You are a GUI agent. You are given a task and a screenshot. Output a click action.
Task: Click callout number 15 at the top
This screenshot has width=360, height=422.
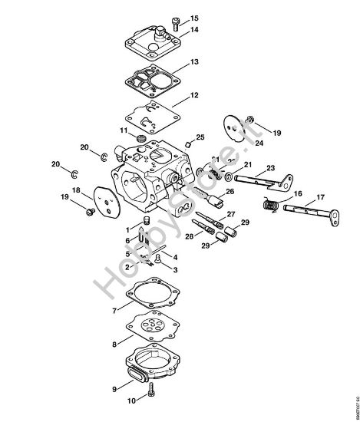[x=193, y=18]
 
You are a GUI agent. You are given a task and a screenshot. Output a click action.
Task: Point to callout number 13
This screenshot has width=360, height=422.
[x=194, y=61]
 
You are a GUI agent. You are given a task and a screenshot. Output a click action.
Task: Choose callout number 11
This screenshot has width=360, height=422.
[x=123, y=130]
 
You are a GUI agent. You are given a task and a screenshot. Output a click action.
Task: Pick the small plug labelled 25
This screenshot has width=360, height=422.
[x=189, y=143]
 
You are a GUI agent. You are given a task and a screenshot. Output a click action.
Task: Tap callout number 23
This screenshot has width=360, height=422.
[x=270, y=168]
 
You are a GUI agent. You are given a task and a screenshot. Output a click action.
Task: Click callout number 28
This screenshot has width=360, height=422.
[x=188, y=237]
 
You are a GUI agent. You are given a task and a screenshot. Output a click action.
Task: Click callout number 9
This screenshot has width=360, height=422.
[x=115, y=389]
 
